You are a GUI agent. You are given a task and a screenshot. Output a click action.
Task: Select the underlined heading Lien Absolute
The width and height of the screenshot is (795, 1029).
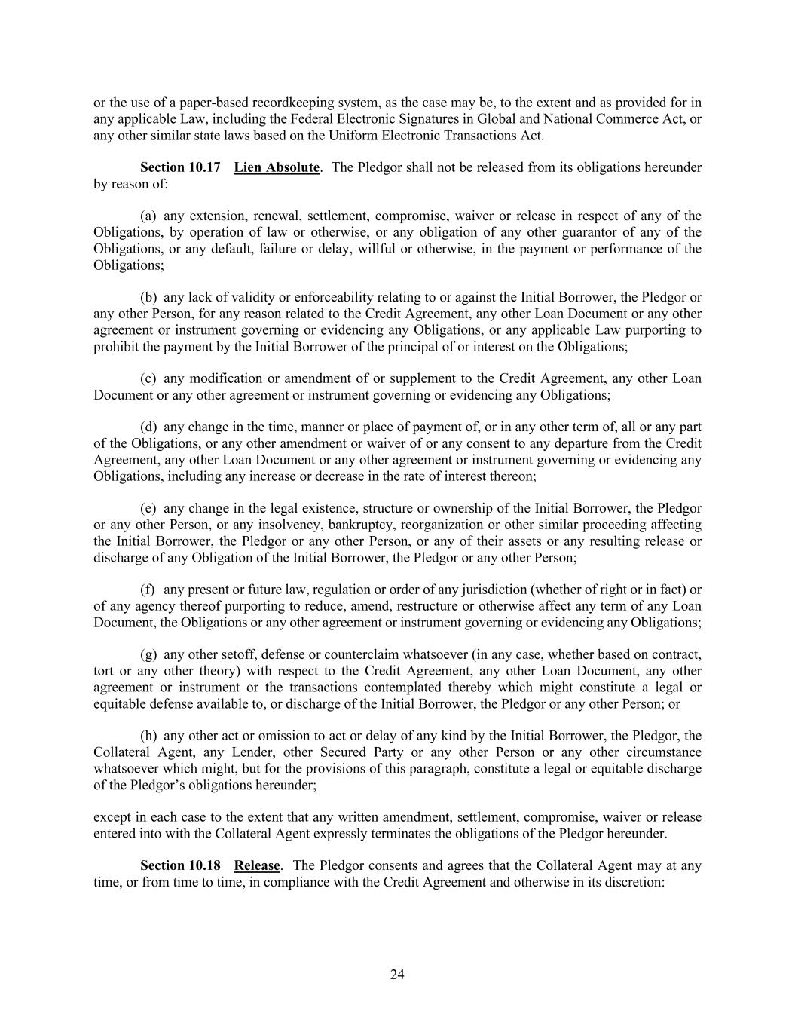277,167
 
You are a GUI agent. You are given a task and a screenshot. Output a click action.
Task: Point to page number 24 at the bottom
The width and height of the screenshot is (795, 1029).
397,975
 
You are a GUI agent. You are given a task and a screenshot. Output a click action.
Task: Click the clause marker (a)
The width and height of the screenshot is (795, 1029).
148,216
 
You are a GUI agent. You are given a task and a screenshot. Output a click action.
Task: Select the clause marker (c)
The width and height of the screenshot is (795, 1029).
148,378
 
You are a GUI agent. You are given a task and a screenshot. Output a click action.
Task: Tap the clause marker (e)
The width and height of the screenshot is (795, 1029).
148,508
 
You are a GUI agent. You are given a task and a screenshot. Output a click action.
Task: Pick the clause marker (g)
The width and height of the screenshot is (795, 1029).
148,654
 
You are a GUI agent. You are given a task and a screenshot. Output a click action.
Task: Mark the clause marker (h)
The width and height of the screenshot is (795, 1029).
148,736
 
